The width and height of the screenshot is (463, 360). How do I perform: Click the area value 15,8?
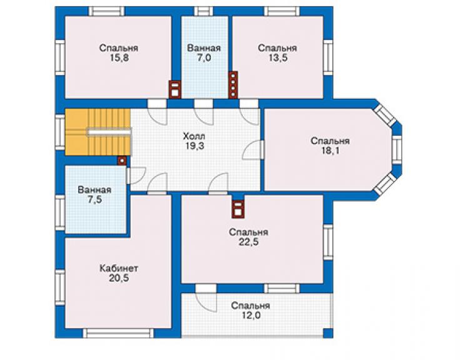tap(119, 58)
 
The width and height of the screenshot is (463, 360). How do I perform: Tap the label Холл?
tap(194, 136)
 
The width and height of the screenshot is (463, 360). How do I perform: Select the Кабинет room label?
tap(119, 269)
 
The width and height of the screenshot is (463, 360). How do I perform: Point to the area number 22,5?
tap(248, 242)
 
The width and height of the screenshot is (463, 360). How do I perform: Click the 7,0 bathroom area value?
tap(204, 58)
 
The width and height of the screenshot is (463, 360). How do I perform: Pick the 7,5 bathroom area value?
tap(94, 200)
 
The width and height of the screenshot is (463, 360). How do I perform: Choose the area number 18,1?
tap(330, 151)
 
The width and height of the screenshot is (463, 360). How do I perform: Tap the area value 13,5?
tap(278, 58)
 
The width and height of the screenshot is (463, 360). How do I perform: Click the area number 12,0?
tap(251, 316)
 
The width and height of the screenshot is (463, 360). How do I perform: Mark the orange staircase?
tap(98, 132)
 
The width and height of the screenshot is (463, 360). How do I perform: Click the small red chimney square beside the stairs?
tap(121, 161)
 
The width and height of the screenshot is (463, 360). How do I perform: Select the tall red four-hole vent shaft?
tap(233, 85)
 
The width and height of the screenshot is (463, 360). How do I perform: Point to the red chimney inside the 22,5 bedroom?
tap(238, 208)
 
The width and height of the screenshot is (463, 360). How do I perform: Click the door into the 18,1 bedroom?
tap(253, 150)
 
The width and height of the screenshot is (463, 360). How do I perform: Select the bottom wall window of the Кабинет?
tap(118, 334)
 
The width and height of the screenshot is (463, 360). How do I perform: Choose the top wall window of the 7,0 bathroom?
tap(204, 11)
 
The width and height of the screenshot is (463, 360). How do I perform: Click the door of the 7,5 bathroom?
tap(136, 176)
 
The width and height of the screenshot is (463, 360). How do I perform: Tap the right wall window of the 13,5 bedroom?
tap(328, 57)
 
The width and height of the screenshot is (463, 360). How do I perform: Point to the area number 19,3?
tap(195, 146)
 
